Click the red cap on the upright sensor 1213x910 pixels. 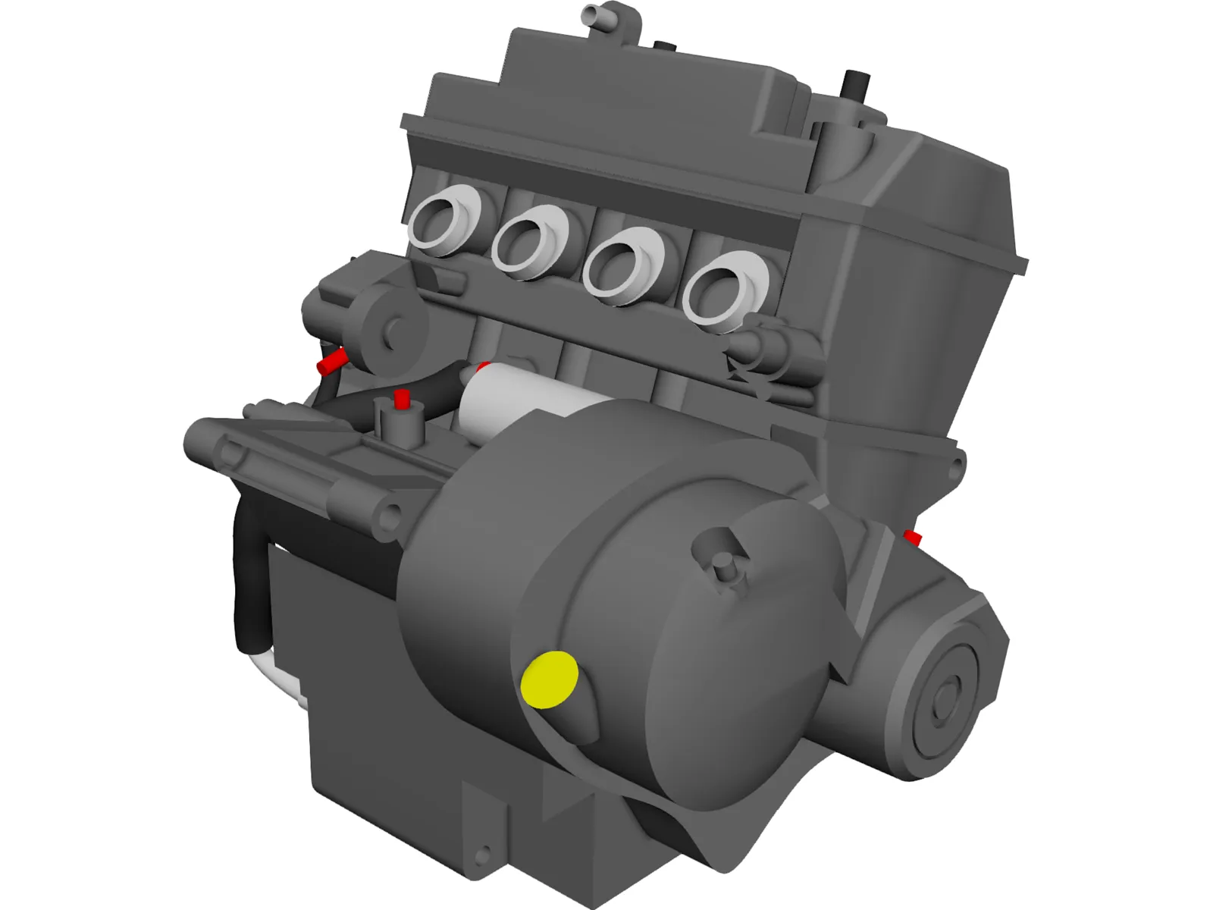402,399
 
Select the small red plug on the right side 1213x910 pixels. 913,538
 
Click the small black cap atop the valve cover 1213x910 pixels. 663,47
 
